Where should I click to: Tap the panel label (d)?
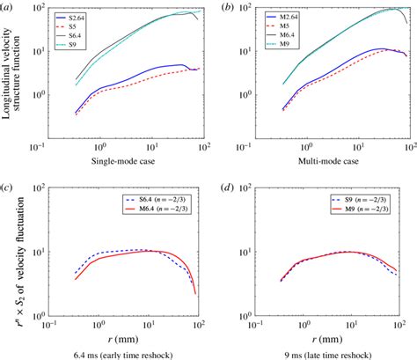[x=227, y=190]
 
